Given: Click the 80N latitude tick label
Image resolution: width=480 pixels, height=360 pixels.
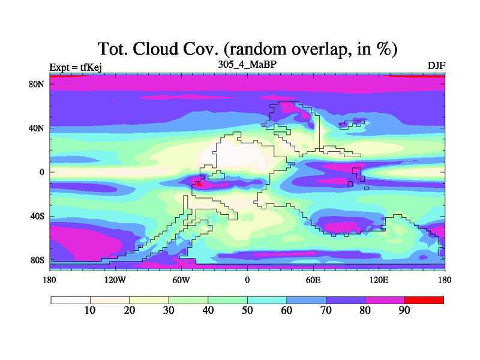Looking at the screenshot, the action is point(37,84).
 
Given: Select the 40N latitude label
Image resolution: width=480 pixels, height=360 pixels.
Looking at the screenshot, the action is point(37,128).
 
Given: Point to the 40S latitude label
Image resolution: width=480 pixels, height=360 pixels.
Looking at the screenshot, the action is point(37,216).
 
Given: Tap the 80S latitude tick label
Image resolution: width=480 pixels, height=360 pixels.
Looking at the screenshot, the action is point(37,260).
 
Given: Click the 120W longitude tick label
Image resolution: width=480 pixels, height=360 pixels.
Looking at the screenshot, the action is point(115,280).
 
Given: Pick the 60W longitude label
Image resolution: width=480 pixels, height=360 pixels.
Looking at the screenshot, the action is point(181,280).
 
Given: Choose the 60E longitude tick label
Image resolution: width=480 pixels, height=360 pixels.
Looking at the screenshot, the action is point(313,280).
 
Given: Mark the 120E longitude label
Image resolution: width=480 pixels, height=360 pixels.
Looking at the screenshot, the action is point(379,280).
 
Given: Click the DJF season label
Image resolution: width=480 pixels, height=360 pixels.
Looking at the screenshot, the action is point(436,65).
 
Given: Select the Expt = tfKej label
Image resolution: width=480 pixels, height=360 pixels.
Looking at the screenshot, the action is point(76,67).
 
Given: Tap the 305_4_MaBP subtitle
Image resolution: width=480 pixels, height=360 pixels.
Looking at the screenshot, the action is point(247,64).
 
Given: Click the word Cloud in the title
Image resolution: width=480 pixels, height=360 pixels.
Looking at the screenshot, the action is point(155,49).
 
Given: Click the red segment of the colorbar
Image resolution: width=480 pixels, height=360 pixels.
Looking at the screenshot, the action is point(424,300).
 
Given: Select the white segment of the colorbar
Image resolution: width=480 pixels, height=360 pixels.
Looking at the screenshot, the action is point(71,300).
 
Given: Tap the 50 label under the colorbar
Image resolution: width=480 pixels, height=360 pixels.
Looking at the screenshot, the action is point(247,310).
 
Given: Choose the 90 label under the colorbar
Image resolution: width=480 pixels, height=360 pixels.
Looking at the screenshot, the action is point(404,310).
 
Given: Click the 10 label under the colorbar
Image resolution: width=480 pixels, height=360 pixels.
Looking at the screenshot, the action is point(90,310).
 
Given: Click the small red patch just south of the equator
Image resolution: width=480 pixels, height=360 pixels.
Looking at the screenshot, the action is point(200,184).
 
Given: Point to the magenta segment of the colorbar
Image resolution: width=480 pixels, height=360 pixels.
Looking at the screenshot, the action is point(385,300).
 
